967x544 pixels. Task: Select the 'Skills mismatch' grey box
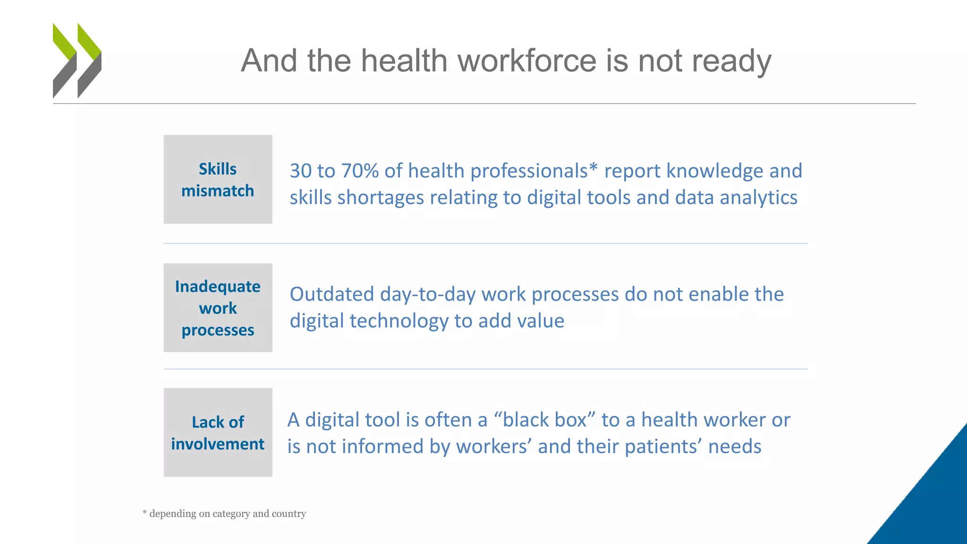pos(218,179)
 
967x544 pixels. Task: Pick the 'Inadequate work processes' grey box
pos(218,307)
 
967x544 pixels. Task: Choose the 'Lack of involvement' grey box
pos(218,432)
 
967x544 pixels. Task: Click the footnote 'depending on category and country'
pos(227,513)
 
